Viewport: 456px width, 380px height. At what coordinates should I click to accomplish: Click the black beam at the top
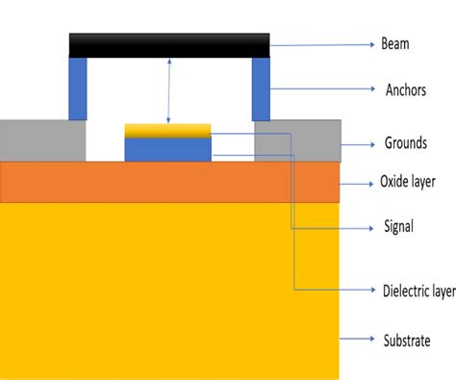coord(168,45)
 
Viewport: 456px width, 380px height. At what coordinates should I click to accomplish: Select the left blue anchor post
coord(78,89)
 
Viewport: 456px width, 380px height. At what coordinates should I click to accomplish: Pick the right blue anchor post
coord(261,89)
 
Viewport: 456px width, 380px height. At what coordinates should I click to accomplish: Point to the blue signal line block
coord(167,150)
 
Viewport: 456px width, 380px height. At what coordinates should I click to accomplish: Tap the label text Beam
coord(395,44)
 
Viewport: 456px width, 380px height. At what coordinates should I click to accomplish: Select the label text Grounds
coord(404,144)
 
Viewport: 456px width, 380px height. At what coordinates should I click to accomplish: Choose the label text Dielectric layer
coord(417,289)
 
